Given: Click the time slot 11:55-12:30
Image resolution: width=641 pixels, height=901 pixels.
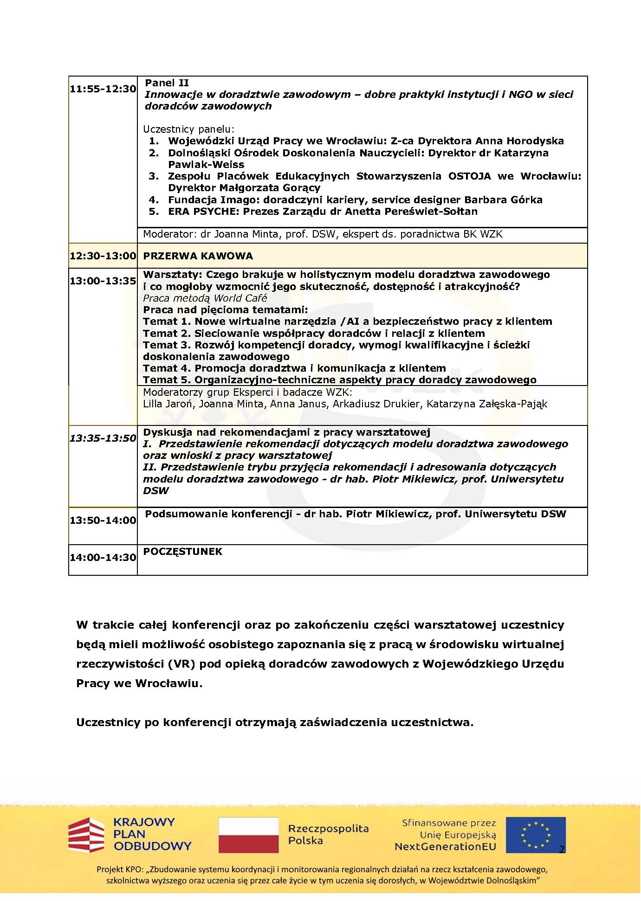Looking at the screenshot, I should click(103, 89).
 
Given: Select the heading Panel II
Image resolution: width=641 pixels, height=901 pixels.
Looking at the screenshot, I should click(167, 83).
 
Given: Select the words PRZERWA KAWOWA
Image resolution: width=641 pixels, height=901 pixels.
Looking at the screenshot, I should click(198, 256).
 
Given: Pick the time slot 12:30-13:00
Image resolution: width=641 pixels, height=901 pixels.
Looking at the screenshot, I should click(103, 256).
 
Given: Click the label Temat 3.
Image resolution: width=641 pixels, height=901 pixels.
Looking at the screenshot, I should click(167, 345).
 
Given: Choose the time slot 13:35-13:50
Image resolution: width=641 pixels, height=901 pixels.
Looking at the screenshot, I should click(103, 438).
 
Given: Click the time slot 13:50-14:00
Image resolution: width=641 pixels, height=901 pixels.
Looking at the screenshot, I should click(103, 521).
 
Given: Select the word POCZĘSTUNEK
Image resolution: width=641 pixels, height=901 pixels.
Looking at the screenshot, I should click(183, 552).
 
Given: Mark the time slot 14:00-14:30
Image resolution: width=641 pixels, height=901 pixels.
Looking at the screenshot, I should click(103, 558).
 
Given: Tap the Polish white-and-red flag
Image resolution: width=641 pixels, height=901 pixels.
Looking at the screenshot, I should click(248, 835).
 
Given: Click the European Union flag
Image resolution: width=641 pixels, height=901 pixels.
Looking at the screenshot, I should click(536, 835).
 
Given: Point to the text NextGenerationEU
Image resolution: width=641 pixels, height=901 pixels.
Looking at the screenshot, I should click(445, 847).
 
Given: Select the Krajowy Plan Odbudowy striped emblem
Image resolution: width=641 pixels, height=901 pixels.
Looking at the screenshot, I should click(86, 835).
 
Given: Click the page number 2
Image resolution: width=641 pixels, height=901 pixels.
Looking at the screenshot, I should click(562, 850).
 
